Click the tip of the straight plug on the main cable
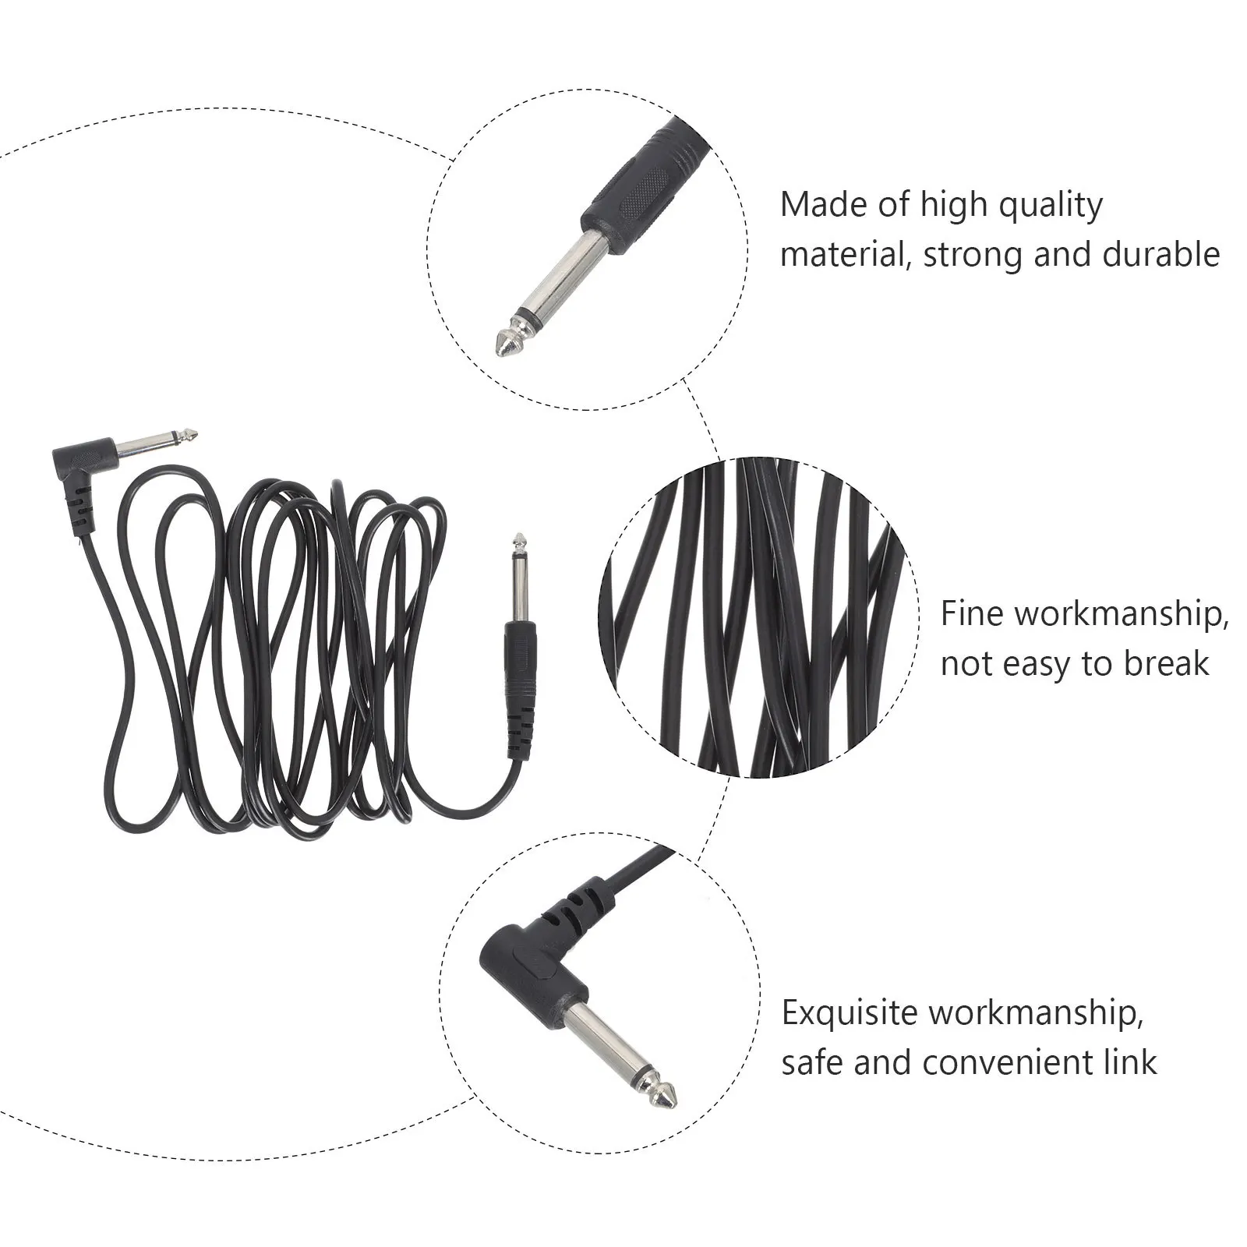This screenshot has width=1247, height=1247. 518,539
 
